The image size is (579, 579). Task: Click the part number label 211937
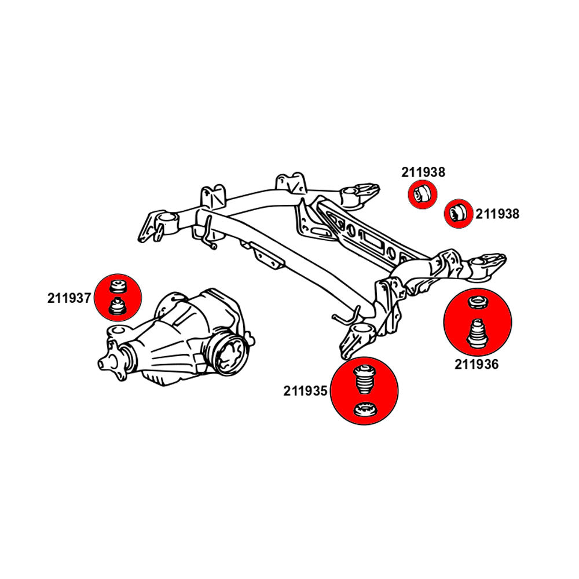coord(69,299)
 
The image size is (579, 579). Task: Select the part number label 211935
coord(306,391)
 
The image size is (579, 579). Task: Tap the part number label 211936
coord(477,365)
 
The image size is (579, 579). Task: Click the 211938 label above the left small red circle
coord(423,172)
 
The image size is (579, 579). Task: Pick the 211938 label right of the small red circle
coord(498,214)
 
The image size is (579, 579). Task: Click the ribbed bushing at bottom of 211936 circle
coord(477,334)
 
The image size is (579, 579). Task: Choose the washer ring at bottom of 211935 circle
coord(365,412)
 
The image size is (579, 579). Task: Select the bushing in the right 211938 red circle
coord(459,211)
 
